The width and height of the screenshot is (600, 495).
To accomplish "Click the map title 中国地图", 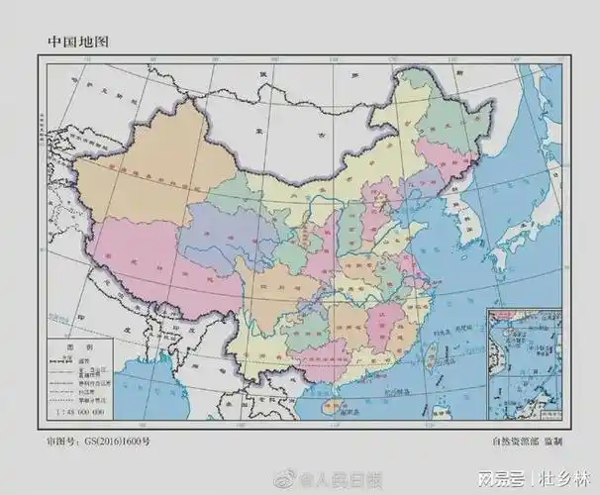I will pyautogui.click(x=78, y=42).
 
